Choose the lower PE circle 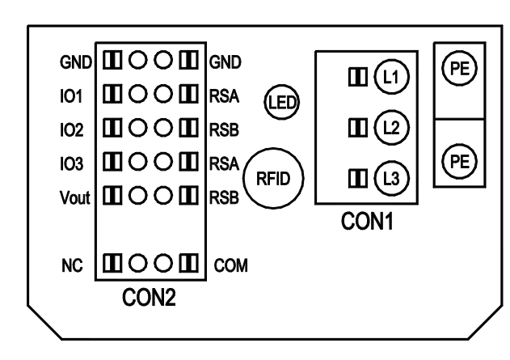pyautogui.click(x=458, y=160)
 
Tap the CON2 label pyautogui.click(x=148, y=300)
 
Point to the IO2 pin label pyautogui.click(x=73, y=128)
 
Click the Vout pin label pyautogui.click(x=70, y=195)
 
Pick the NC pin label pyautogui.click(x=71, y=263)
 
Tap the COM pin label pyautogui.click(x=230, y=264)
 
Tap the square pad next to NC pyautogui.click(x=112, y=263)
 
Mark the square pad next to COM pyautogui.click(x=190, y=263)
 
